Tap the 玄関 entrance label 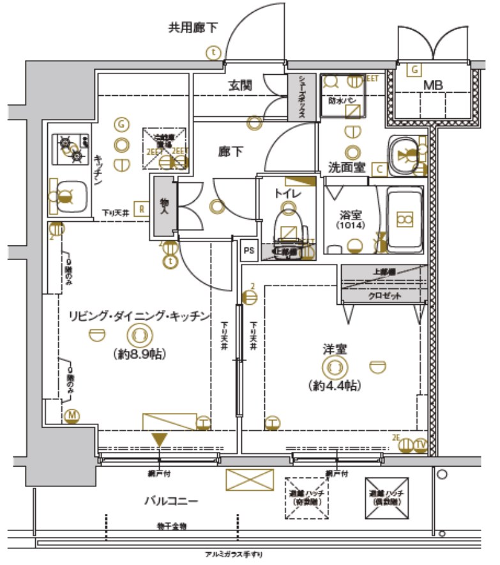(x=241, y=84)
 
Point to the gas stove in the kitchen (x=71, y=148)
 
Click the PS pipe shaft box (x=249, y=251)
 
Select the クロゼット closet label (x=383, y=296)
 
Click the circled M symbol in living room (x=72, y=416)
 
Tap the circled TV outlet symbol (x=420, y=445)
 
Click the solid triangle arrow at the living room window (x=159, y=440)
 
